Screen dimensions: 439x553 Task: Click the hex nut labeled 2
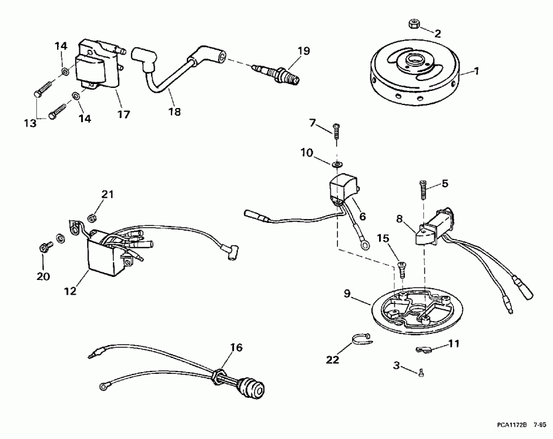pos(412,25)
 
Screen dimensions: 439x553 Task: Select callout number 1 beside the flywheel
pos(476,72)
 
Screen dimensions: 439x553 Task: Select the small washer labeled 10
pos(337,165)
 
